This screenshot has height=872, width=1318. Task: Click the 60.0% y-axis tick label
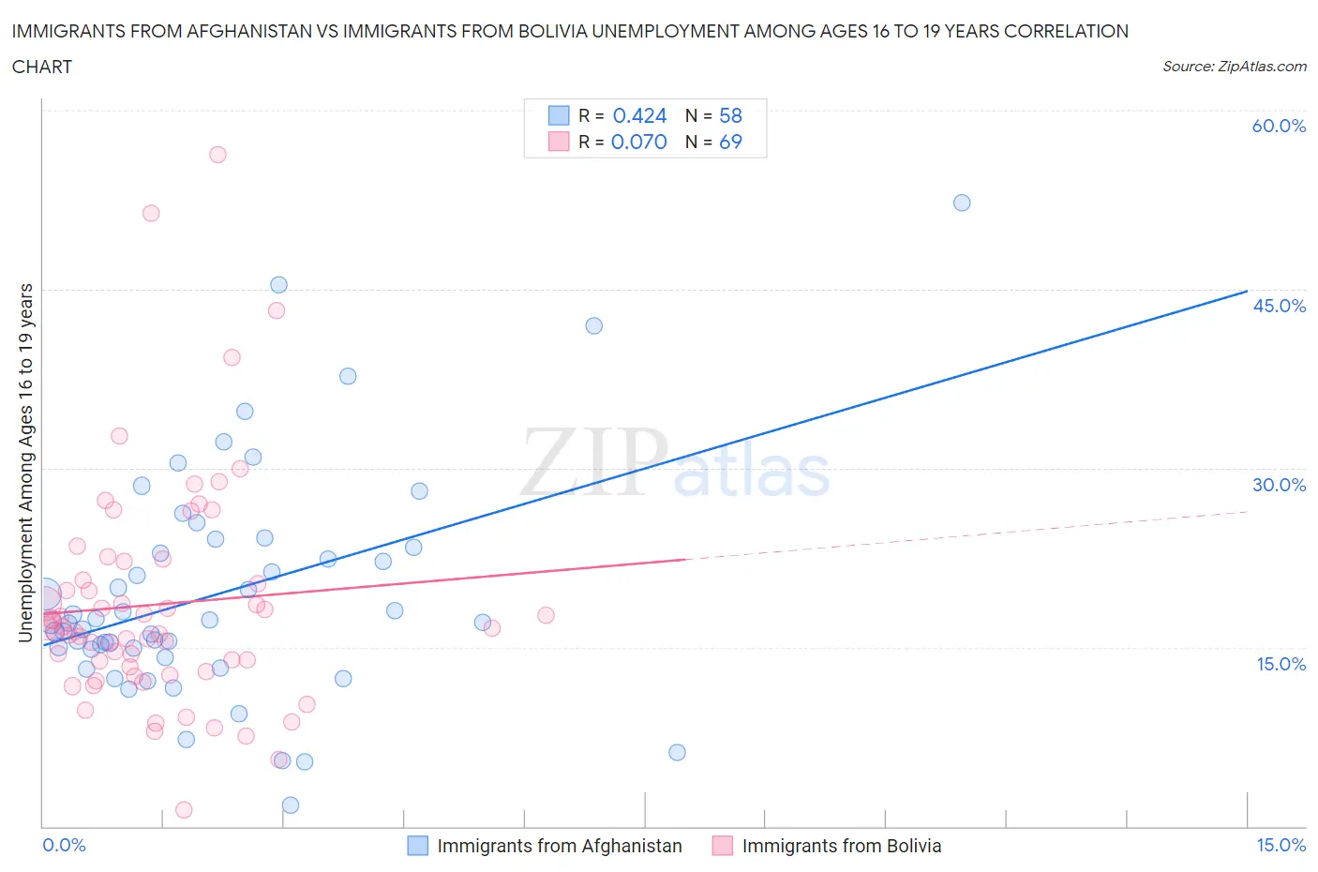1279,126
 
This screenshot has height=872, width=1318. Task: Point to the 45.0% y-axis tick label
1279,306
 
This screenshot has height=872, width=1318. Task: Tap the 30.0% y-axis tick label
1279,485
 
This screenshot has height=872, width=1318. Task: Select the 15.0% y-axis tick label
1281,664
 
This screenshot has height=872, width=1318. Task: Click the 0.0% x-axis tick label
64,845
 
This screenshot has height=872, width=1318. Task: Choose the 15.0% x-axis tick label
1281,845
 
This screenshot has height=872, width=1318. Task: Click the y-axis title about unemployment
25,462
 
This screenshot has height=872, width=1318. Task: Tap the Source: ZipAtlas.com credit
1234,67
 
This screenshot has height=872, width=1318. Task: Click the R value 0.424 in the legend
639,115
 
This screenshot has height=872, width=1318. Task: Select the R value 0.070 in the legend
639,142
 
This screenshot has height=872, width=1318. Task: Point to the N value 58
730,115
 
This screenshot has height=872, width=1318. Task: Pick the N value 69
730,142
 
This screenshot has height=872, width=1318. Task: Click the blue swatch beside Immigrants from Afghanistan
417,846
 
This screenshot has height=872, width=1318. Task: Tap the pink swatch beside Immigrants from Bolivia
722,846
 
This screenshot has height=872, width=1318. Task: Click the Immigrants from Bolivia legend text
841,846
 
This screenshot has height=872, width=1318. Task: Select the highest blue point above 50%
962,203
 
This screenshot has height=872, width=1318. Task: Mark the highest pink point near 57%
217,155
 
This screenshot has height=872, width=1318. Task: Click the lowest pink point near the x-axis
184,809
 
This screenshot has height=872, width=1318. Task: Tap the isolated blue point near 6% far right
677,752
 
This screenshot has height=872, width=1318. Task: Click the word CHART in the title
42,67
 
